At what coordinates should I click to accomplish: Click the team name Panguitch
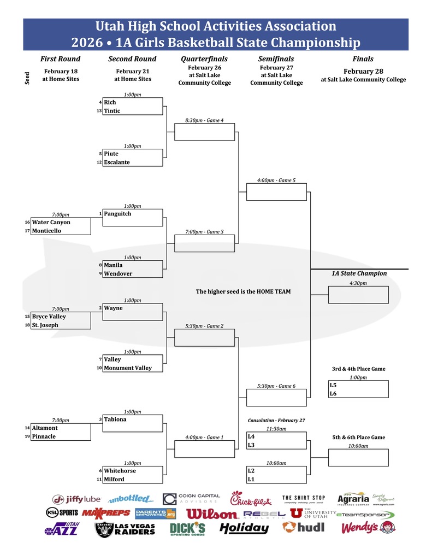117,214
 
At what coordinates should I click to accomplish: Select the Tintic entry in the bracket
112,111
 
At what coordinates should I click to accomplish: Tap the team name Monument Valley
128,368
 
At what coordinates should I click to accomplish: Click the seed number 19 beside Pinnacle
27,437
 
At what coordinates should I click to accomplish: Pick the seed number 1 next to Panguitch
100,214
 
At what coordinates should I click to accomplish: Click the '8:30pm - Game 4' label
204,120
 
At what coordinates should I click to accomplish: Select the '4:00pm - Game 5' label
276,180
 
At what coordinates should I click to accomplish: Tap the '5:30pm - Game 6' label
276,386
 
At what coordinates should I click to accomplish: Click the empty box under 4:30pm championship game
358,295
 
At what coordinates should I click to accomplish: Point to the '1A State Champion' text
359,273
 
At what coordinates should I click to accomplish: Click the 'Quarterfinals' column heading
204,59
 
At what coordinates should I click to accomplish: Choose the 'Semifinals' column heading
276,59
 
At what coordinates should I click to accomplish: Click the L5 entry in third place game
333,385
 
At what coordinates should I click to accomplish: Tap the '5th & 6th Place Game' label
358,437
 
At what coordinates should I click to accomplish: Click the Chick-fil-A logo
250,498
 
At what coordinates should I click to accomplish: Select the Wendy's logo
368,528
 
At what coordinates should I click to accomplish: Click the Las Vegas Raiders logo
126,529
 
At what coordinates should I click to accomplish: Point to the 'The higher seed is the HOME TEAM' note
243,292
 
